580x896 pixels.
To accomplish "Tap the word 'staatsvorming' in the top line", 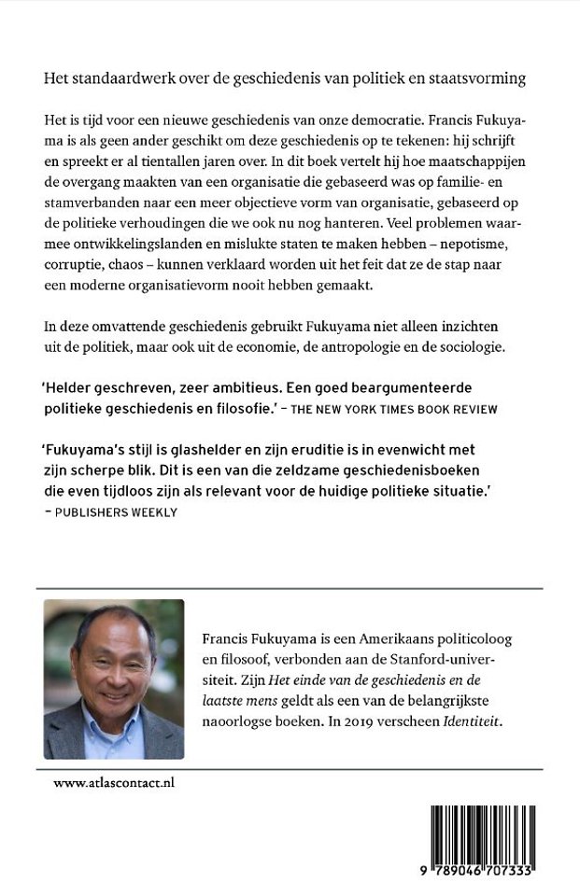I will [481, 79].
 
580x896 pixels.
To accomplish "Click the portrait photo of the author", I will [114, 679].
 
